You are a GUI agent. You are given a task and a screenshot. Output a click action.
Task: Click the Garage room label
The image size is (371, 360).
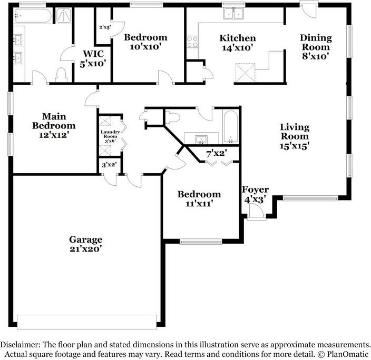[x=85, y=239]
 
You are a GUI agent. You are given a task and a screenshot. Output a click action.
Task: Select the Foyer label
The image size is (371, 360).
[x=255, y=189]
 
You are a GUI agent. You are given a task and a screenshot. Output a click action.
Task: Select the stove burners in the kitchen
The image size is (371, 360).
[x=192, y=42]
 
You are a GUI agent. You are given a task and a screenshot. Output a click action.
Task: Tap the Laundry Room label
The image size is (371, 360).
[x=111, y=136]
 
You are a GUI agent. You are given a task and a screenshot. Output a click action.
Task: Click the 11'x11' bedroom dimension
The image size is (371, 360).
[x=199, y=203]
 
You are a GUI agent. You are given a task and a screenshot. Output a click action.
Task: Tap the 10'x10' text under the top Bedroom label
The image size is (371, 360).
[x=145, y=47]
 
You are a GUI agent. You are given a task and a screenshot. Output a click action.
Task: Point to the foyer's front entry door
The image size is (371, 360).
[x=255, y=213]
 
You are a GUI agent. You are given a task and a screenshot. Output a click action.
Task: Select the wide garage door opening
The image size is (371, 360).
[x=87, y=322]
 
